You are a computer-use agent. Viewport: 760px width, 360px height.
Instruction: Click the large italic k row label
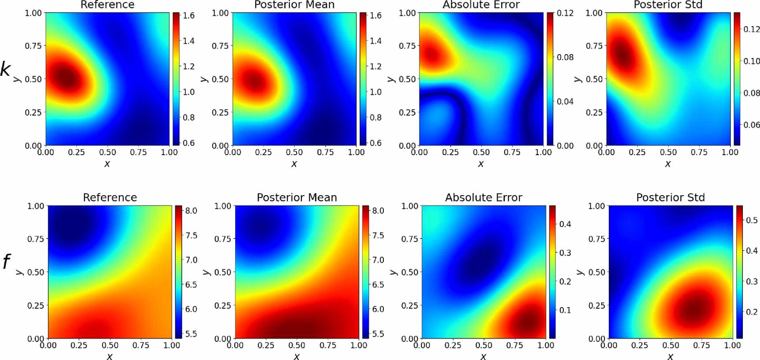5,70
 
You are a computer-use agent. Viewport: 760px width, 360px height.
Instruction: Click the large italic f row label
6,262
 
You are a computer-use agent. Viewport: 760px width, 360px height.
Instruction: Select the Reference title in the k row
108,5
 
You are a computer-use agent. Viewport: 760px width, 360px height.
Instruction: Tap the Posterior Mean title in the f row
297,197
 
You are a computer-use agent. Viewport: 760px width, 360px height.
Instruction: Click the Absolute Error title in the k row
481,5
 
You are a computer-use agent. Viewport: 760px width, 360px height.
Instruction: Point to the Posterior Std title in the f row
670,197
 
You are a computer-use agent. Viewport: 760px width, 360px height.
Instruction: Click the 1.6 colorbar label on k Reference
189,16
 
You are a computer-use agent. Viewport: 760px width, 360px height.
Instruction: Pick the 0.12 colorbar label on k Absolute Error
565,13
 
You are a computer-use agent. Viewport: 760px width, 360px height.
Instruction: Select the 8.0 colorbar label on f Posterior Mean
378,211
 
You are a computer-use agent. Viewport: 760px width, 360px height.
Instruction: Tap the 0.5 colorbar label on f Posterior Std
752,220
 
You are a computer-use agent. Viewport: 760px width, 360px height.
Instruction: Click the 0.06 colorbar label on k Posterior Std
752,125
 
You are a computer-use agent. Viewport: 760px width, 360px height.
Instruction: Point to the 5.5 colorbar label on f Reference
191,334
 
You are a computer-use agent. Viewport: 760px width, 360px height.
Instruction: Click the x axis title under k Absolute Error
481,164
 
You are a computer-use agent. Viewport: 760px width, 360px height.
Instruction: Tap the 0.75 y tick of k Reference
33,46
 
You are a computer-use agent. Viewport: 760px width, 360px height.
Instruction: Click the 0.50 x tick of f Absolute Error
484,345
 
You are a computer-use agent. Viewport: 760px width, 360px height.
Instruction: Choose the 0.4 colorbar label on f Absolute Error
565,224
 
